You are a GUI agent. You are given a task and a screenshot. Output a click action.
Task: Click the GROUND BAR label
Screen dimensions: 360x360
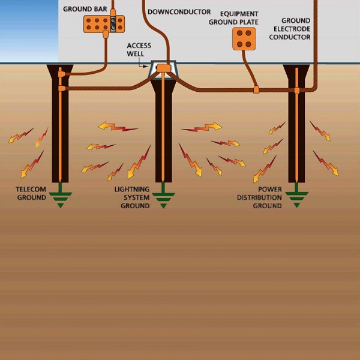[x=85, y=9]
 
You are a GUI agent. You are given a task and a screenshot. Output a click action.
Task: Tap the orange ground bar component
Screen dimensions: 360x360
[x=104, y=24]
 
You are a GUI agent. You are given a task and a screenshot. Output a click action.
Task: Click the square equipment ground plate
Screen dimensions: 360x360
[x=244, y=38]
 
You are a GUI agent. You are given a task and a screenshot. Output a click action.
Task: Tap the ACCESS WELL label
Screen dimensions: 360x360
[x=139, y=49]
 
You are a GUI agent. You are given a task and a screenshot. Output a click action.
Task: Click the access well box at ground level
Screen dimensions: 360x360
[x=163, y=69]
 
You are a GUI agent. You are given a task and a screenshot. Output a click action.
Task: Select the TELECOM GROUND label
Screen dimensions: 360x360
[x=31, y=193]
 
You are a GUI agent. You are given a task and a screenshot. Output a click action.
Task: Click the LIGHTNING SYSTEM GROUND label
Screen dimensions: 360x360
[x=132, y=197]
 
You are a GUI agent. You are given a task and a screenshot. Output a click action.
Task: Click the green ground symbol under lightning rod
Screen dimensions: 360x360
[x=163, y=198]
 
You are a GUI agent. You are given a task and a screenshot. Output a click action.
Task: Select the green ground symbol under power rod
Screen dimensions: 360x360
[x=296, y=198]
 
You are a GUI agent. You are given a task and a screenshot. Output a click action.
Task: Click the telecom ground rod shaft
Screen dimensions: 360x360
[x=60, y=138]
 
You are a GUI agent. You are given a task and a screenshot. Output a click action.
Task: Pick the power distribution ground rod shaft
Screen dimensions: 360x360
[x=296, y=138]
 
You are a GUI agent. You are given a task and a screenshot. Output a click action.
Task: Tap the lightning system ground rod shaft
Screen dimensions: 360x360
[x=163, y=138]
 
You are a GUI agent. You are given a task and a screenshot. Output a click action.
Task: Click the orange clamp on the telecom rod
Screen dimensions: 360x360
[x=61, y=88]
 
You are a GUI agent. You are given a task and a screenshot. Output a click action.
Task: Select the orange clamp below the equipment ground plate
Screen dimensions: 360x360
[x=256, y=89]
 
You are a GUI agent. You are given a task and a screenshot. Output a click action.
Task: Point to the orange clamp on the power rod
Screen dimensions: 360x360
[x=296, y=90]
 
